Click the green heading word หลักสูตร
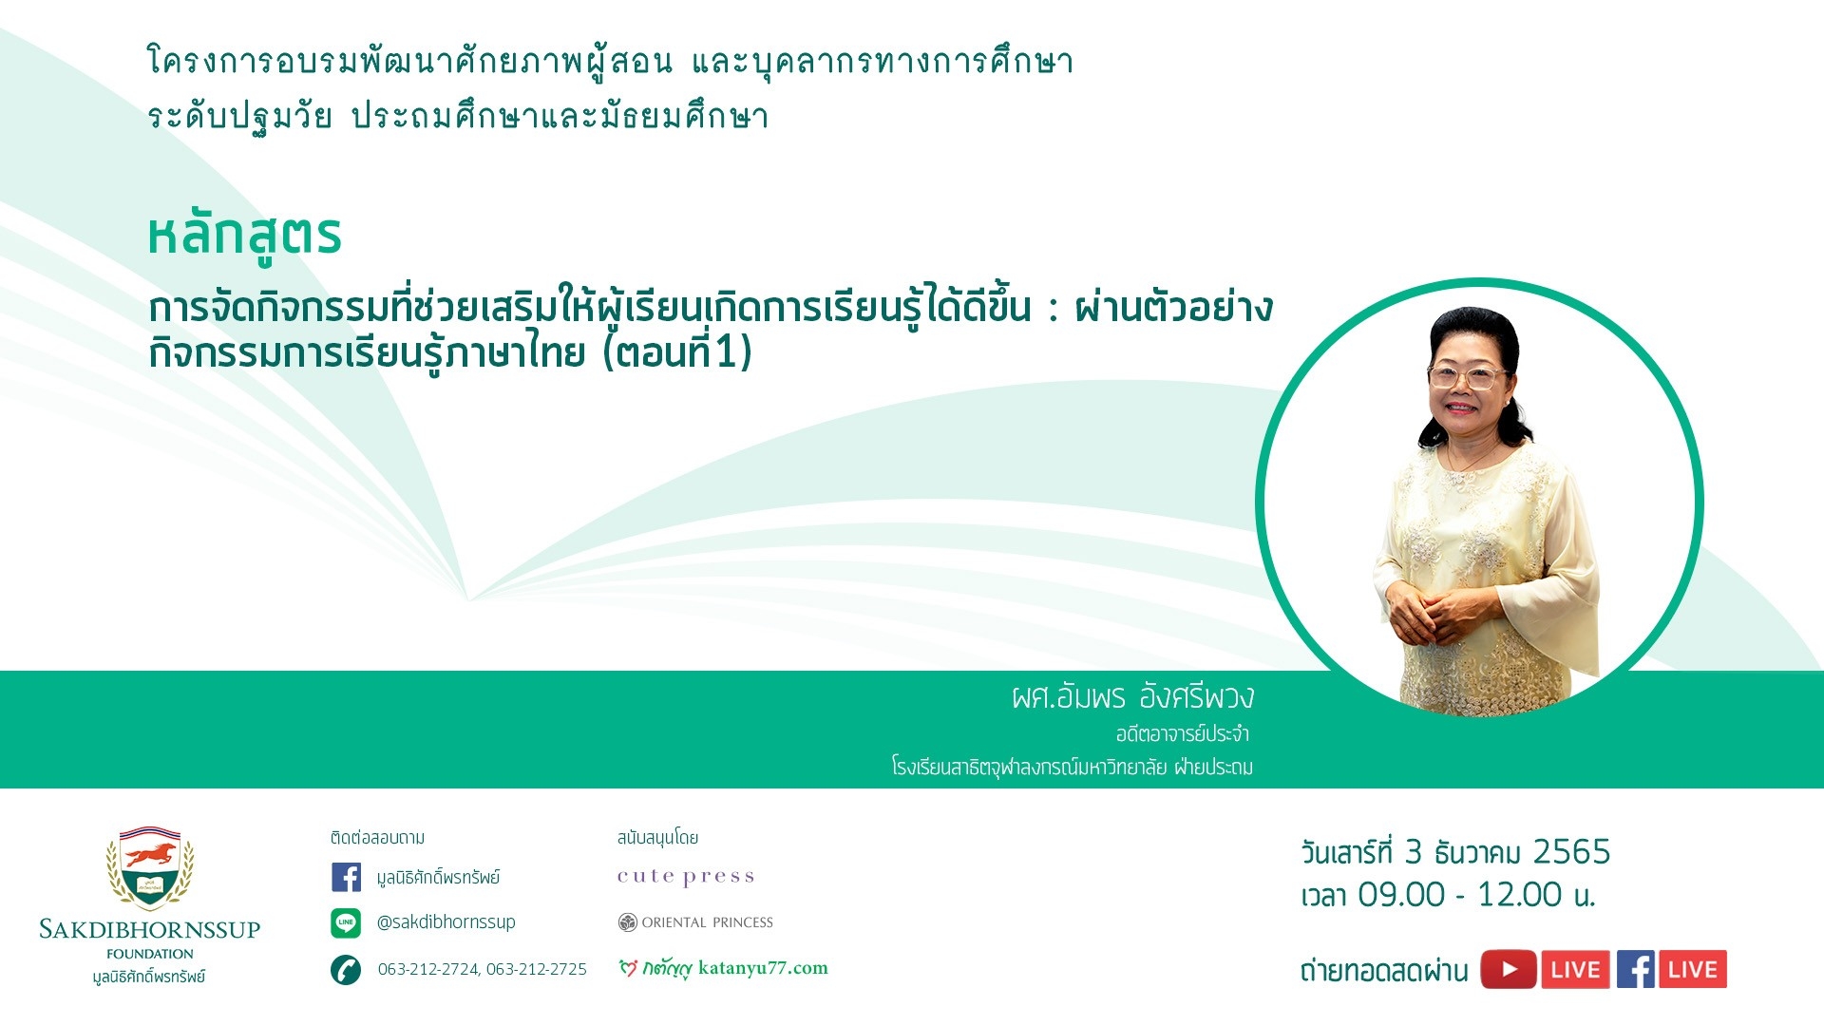click(244, 237)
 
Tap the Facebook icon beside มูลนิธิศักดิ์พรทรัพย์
click(347, 877)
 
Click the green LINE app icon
click(346, 922)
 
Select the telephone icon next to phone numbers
click(346, 970)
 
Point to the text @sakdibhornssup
click(446, 922)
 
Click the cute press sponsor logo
click(686, 876)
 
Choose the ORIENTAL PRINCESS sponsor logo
click(695, 922)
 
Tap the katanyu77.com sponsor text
click(763, 968)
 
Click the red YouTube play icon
click(1509, 970)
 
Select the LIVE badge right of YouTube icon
click(1576, 970)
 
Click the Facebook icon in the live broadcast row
click(1636, 970)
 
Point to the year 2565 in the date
click(1572, 852)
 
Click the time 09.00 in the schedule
click(1401, 895)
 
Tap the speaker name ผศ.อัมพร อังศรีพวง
click(1132, 697)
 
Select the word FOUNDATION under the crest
click(150, 954)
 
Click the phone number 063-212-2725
click(537, 969)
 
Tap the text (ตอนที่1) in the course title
click(678, 352)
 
